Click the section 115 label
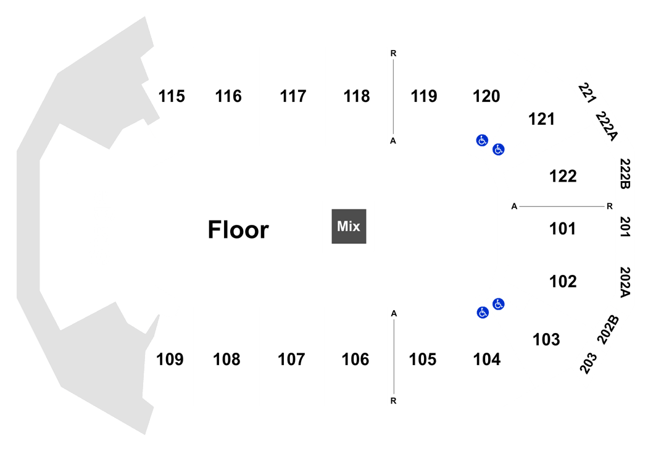[172, 96]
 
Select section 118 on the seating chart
[357, 96]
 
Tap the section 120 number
[486, 96]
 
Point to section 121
[541, 119]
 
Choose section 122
[563, 176]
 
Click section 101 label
[562, 229]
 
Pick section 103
[546, 340]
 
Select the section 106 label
[355, 360]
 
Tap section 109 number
[170, 360]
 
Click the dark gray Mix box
[349, 226]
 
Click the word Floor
[238, 230]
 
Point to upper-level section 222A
[606, 126]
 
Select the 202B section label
[609, 330]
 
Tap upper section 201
[625, 227]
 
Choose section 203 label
[589, 363]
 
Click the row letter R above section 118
[394, 53]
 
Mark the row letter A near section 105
[394, 314]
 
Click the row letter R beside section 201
[610, 206]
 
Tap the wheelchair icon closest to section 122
[499, 150]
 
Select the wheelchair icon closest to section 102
[499, 304]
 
